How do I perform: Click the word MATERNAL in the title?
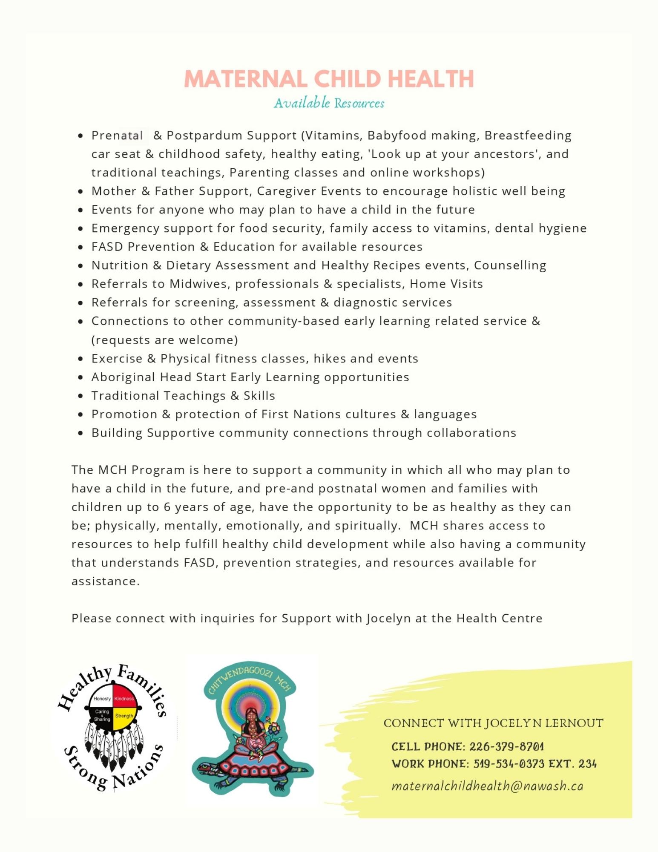[x=245, y=79]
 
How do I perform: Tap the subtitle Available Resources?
[x=329, y=103]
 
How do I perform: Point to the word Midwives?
[x=199, y=284]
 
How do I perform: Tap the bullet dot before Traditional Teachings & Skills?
[x=80, y=396]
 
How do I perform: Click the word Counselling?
[x=510, y=265]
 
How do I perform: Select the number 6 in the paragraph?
[x=167, y=507]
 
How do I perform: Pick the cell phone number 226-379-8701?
[x=506, y=747]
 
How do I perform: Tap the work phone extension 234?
[x=587, y=764]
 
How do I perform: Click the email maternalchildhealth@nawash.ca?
[x=487, y=786]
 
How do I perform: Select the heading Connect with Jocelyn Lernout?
[x=493, y=723]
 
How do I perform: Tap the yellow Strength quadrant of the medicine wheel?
[x=124, y=716]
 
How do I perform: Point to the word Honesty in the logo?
[x=102, y=699]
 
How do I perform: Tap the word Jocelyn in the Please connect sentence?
[x=388, y=619]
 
